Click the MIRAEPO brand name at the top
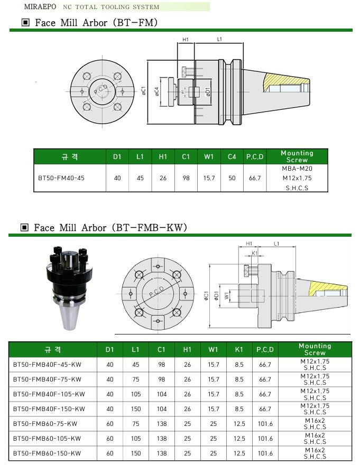(x=40, y=6)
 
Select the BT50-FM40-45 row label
(x=61, y=178)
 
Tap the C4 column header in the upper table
(x=232, y=156)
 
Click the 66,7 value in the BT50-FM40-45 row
(x=255, y=178)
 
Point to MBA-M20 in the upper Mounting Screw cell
(x=297, y=169)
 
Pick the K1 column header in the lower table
(x=239, y=349)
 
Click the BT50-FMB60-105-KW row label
(x=47, y=438)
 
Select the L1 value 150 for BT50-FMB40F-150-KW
(x=136, y=408)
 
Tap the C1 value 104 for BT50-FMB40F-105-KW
(x=162, y=394)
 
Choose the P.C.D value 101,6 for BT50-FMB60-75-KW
(x=265, y=423)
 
